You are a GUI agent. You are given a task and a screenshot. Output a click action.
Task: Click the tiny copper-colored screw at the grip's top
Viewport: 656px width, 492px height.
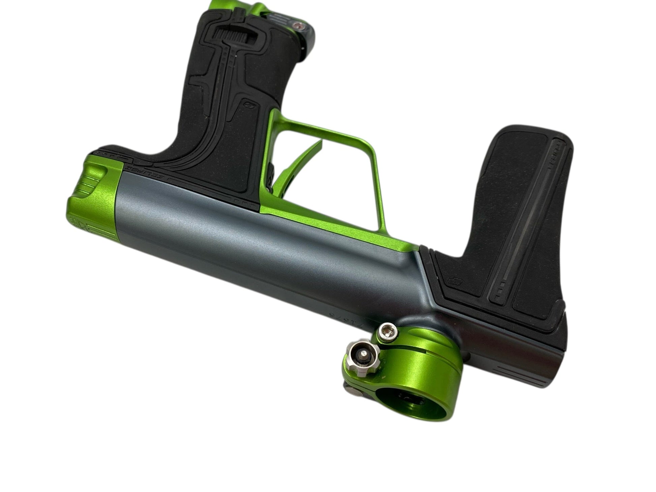(x=297, y=25)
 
